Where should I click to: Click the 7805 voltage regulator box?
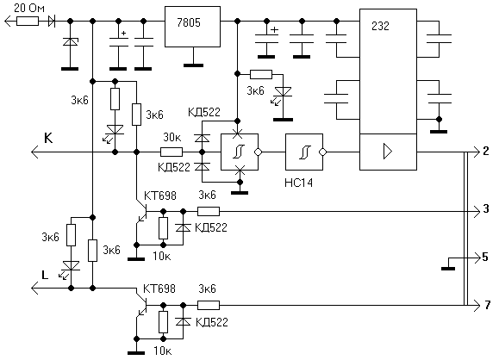coord(192,27)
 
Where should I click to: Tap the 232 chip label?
coord(380,26)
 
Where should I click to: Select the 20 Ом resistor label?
coord(29,8)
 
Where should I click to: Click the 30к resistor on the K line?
coord(172,152)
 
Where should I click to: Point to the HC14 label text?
coord(298,183)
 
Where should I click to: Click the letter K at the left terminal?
coord(48,139)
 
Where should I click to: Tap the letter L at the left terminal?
coord(45,275)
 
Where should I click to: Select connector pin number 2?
coord(485,151)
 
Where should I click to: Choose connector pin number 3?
coord(486,208)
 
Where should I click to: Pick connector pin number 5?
coord(485,257)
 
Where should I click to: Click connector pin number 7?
coord(488,305)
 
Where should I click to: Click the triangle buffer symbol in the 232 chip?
coord(388,152)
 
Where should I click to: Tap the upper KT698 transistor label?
coord(160,196)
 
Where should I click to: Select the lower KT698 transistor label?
coord(159,289)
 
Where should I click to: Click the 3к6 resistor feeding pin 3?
coord(209,211)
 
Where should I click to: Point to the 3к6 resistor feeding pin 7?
coord(209,305)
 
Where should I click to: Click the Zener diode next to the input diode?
coord(71,41)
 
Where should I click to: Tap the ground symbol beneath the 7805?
coord(193,65)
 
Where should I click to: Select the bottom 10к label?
coord(163,351)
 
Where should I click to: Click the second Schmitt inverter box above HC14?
coord(305,152)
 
